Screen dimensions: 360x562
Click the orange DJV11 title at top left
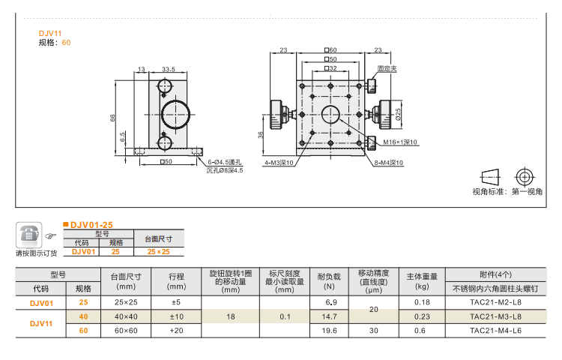pos(50,33)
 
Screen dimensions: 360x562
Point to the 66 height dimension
pos(113,117)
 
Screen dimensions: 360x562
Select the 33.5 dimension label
pos(168,69)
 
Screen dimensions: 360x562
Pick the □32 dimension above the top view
pos(330,67)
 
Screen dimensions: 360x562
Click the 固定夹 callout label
pos(387,67)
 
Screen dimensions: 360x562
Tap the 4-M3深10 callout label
pos(278,162)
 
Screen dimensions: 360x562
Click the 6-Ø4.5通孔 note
pos(225,162)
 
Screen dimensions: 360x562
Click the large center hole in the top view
pos(330,114)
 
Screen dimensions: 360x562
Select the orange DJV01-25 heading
pos(91,224)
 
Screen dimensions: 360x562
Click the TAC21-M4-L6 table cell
pos(495,330)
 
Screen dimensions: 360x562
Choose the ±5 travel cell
pos(176,302)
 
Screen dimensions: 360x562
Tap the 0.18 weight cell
pos(422,302)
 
